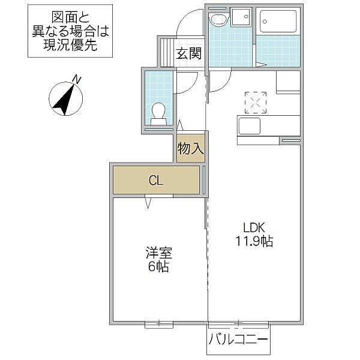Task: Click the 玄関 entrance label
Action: pos(189,53)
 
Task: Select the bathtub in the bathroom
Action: pos(278,22)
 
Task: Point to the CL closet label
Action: pos(156,180)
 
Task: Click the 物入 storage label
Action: pos(191,148)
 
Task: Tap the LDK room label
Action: pos(254,227)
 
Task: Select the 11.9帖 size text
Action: pos(254,241)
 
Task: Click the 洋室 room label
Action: pos(158,253)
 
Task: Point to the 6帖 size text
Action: pos(158,266)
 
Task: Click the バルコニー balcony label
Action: pos(238,340)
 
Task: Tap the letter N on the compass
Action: pos(77,80)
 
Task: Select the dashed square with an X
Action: pos(256,103)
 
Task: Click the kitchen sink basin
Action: pos(250,126)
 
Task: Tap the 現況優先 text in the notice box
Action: pos(70,45)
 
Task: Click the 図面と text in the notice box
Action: pos(70,17)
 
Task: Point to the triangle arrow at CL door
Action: pos(148,203)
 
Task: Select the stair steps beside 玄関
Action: pos(167,52)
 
